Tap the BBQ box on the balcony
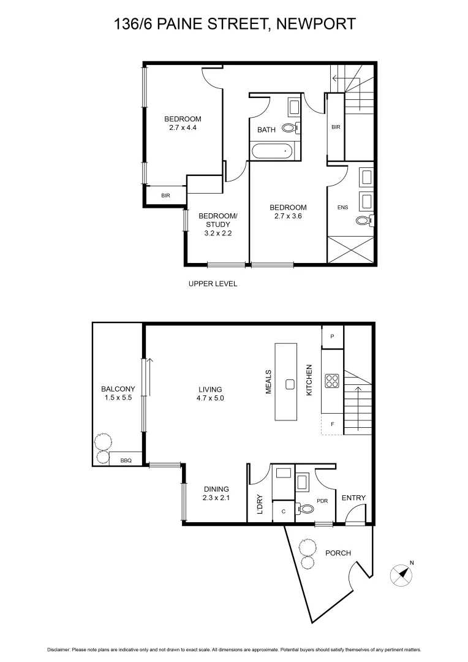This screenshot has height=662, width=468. (x=126, y=458)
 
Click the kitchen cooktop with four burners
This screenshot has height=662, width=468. (x=333, y=381)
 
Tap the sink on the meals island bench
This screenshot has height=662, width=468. (x=290, y=384)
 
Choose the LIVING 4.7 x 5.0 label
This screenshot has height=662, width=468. (x=210, y=394)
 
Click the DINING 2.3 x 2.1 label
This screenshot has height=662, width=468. (x=216, y=493)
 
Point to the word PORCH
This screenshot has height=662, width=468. (x=338, y=553)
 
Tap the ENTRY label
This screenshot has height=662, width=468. (x=353, y=498)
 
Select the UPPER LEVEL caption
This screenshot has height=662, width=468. (x=213, y=284)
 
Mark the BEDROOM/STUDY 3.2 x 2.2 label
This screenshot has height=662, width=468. (x=217, y=224)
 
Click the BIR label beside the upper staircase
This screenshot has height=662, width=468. (x=335, y=127)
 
